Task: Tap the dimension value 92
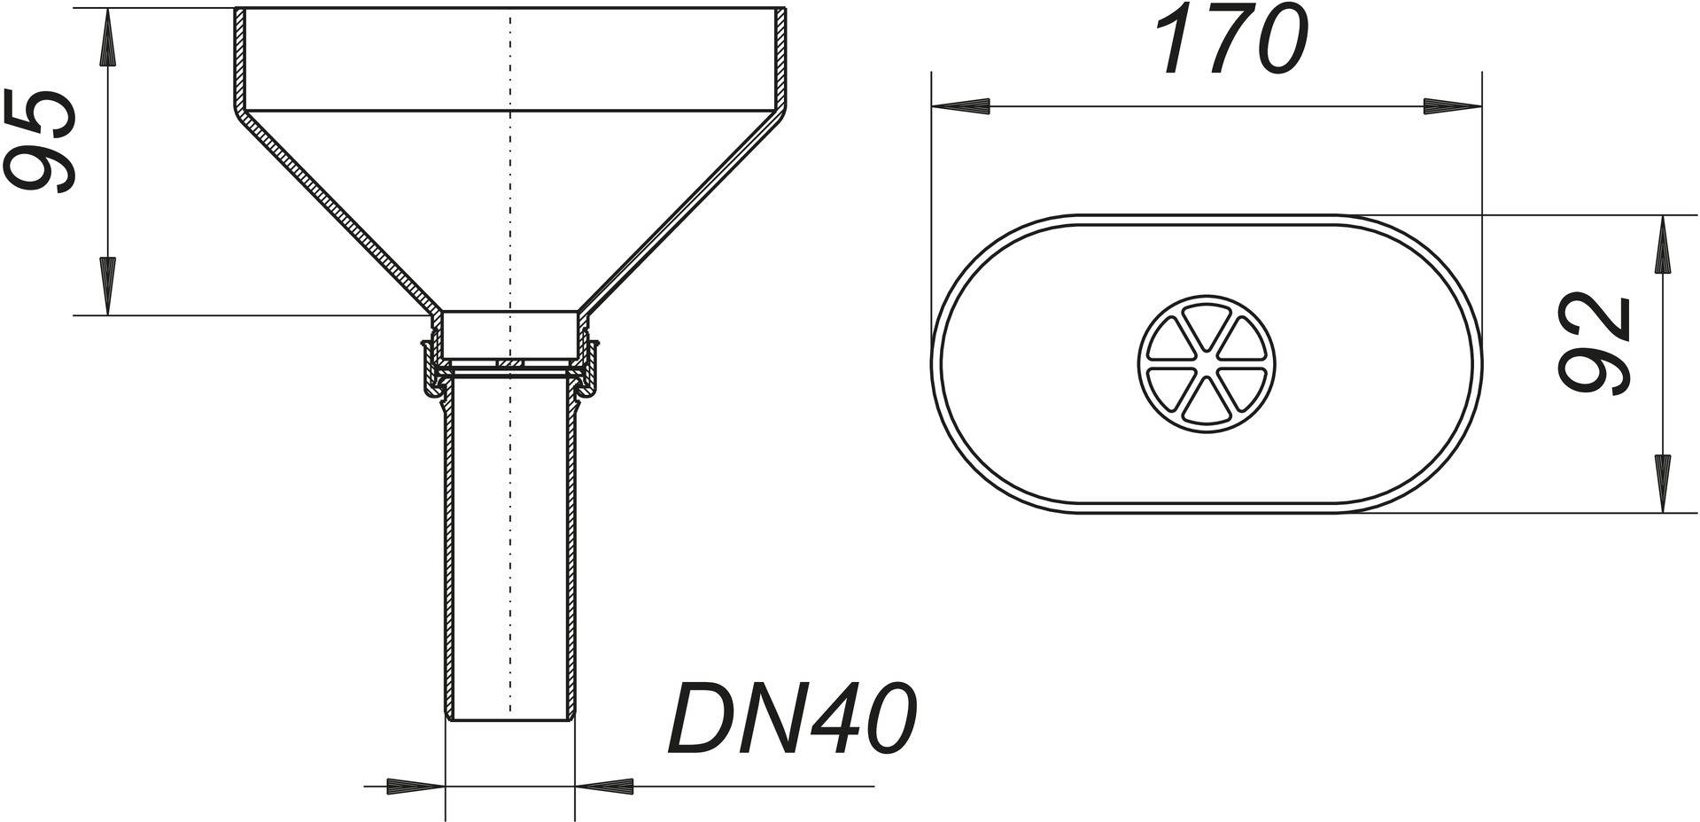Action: coord(1595,344)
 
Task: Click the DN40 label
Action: coord(791,718)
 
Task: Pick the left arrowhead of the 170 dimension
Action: coord(961,106)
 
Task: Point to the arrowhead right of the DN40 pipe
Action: coord(605,786)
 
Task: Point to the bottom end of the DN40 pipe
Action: coord(510,719)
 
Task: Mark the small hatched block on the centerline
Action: coord(510,364)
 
